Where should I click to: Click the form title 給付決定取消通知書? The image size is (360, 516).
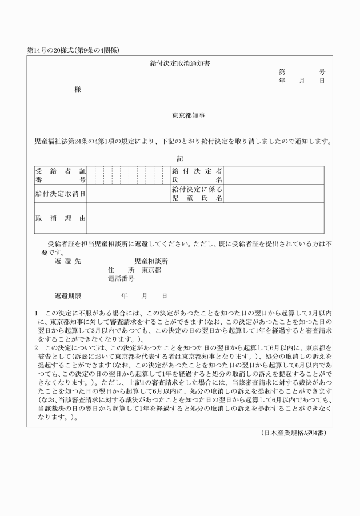click(179, 63)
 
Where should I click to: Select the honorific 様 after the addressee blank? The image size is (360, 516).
click(78, 89)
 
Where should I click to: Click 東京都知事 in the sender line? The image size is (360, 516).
click(189, 115)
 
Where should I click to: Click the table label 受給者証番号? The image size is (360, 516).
click(60, 175)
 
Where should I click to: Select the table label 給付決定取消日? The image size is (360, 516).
click(60, 194)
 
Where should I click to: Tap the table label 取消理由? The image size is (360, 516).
click(60, 218)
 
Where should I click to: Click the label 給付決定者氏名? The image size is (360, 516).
click(197, 175)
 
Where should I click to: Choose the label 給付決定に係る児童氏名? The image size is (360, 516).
click(197, 194)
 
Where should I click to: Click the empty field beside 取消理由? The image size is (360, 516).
click(205, 218)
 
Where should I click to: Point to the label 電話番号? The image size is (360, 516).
click(121, 279)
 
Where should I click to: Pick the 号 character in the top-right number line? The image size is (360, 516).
click(322, 73)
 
